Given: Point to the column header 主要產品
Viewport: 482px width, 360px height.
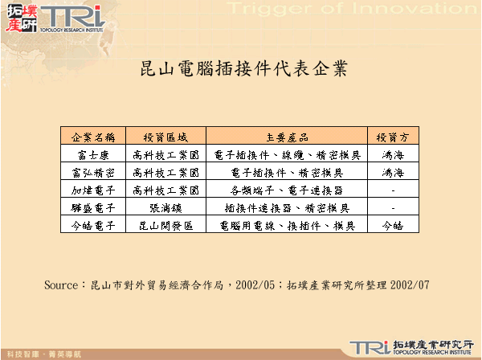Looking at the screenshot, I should [287, 136].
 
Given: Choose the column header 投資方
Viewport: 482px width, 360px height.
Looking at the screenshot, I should [392, 136].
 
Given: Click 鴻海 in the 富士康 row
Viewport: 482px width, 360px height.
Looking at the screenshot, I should [392, 154].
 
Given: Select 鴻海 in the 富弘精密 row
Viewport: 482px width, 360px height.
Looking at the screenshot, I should [392, 172].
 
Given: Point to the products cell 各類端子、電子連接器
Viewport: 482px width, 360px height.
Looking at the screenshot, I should [287, 190].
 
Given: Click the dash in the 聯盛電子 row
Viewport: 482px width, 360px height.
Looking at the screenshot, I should [392, 207].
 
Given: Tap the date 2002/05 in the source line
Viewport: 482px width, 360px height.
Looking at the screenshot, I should [255, 285].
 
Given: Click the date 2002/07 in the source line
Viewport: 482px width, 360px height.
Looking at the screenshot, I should [408, 285].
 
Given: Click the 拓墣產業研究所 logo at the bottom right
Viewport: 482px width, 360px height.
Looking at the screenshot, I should [410, 347].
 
